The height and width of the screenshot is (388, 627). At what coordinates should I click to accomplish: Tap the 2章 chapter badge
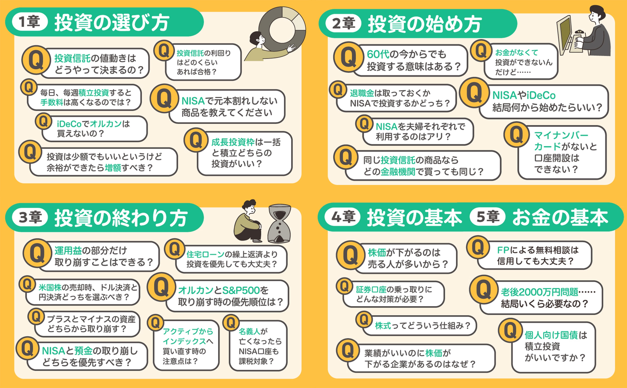[343, 23]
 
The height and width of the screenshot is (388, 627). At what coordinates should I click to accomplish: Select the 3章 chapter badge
[30, 217]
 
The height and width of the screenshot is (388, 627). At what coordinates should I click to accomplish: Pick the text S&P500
[241, 291]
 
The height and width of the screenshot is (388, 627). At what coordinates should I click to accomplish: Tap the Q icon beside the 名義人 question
[231, 323]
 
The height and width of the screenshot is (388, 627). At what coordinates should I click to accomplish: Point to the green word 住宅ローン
[205, 254]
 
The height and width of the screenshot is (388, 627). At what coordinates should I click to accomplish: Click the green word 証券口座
[371, 290]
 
